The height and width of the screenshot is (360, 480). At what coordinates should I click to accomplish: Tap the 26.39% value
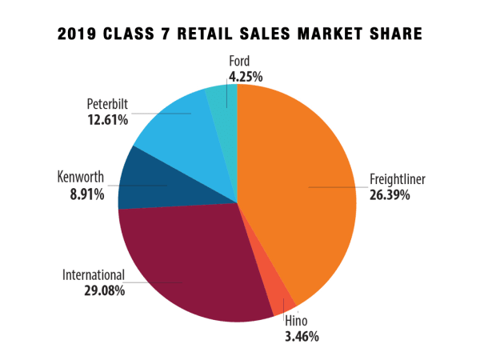pos(390,194)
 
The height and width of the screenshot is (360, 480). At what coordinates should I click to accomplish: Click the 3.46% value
pos(302,337)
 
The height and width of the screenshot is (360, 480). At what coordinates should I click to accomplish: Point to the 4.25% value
pos(242,77)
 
